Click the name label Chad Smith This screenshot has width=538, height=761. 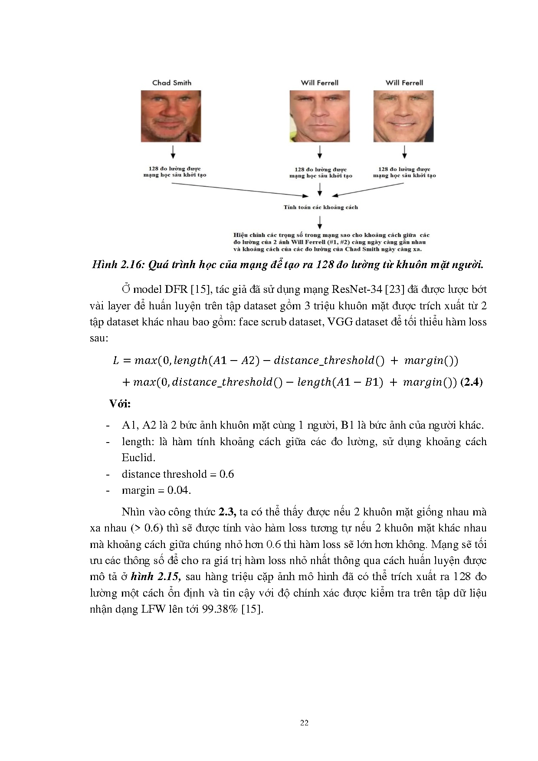(x=171, y=82)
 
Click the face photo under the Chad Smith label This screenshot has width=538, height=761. (x=171, y=116)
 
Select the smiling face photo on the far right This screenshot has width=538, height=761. (x=403, y=116)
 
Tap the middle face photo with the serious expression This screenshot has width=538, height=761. (x=320, y=116)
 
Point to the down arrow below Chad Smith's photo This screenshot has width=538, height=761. (x=173, y=152)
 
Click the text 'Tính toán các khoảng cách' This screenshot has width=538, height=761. (x=321, y=207)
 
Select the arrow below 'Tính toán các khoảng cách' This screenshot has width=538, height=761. (x=320, y=222)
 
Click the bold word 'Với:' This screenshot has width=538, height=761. (x=120, y=404)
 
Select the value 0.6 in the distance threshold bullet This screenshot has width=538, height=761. (x=226, y=474)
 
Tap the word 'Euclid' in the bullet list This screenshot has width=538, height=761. (x=138, y=458)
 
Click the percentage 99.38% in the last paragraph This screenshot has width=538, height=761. (x=220, y=609)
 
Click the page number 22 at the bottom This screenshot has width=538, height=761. (x=304, y=722)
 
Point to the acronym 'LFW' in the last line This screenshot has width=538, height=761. (x=153, y=609)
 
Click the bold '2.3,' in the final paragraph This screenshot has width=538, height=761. (x=227, y=512)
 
